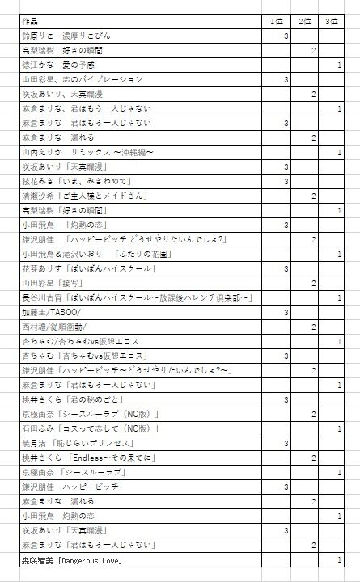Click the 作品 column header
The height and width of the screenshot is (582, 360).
(x=31, y=21)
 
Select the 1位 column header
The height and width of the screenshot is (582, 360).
(x=277, y=21)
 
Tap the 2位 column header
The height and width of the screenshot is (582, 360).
(x=305, y=21)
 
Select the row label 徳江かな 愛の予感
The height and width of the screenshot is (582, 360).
(x=57, y=65)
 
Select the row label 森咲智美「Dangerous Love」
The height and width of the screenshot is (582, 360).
(x=72, y=559)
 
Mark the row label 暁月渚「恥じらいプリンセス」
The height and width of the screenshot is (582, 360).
(x=74, y=443)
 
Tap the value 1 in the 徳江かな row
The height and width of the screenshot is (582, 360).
(x=339, y=65)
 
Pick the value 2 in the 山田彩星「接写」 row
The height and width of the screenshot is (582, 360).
(x=313, y=283)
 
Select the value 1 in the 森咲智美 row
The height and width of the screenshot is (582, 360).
(x=339, y=559)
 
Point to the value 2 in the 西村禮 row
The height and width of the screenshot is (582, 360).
(x=313, y=327)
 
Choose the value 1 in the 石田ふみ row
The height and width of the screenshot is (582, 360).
(x=339, y=428)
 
